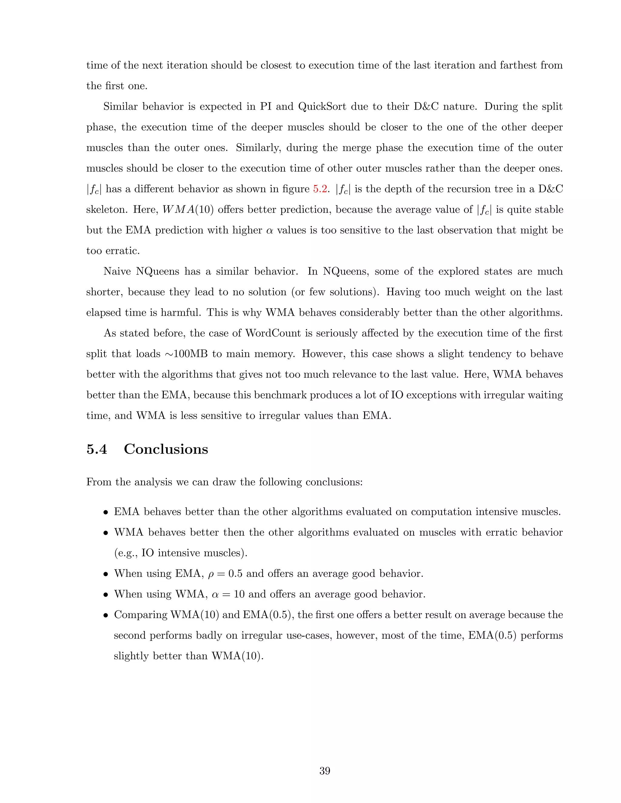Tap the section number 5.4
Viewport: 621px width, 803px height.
point(97,449)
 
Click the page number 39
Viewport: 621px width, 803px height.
point(325,771)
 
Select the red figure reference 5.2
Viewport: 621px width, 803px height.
point(320,189)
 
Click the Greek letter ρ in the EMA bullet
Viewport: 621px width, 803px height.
point(211,574)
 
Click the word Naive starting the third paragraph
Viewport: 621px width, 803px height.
point(118,271)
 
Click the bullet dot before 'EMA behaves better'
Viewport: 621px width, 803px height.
point(106,512)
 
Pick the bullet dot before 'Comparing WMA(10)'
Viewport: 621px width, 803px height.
point(106,615)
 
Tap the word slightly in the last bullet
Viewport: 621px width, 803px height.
point(131,656)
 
